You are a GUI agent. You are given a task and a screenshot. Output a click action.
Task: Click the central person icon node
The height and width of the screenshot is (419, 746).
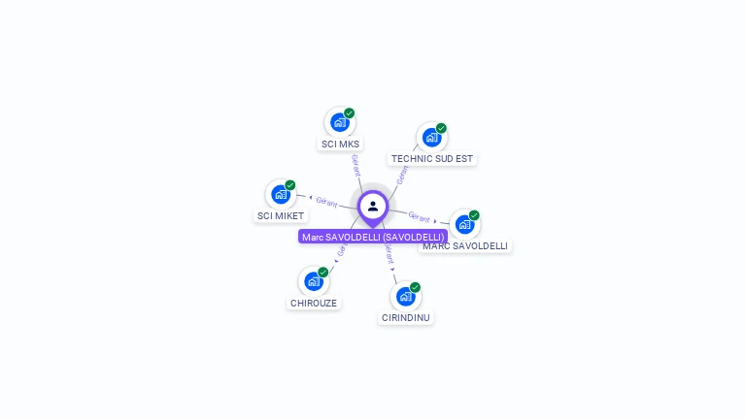coord(373,206)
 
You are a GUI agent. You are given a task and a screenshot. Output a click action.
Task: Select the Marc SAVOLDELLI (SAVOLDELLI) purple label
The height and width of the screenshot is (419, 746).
coord(373,237)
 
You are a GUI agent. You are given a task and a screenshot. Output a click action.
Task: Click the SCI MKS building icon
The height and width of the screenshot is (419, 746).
coord(339,122)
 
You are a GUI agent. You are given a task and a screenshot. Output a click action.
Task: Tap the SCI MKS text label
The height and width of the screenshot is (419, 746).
coord(340,145)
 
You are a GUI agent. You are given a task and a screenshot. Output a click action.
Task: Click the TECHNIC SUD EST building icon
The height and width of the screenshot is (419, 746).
coord(431,137)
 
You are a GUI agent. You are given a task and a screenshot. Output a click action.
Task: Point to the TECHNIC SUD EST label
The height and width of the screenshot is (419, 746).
coord(432,158)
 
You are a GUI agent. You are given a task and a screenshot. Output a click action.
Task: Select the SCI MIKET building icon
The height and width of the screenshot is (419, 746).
coord(281,194)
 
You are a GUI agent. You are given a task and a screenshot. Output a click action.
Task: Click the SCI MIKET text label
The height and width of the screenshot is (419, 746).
coord(281,215)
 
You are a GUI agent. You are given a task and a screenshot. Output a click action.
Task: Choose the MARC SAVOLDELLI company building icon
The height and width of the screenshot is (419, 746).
coord(464,224)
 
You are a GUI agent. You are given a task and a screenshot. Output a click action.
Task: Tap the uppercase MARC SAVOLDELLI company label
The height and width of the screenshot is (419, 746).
coord(465,246)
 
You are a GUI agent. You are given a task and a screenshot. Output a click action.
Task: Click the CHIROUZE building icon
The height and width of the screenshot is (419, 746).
coord(313,281)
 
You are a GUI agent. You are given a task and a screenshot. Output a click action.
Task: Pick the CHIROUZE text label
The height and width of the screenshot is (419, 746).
coord(314,303)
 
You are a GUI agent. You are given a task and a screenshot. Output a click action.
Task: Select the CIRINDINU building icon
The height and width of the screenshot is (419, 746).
coord(405,296)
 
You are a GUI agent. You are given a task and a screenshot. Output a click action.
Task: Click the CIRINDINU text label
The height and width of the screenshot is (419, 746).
coord(406,317)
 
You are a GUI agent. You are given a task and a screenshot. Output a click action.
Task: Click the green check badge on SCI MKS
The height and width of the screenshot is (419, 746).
coord(350,113)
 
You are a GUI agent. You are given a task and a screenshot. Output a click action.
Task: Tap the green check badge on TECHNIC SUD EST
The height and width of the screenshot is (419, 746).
coord(442,127)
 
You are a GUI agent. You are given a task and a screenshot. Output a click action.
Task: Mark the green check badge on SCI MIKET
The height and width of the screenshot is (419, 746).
coord(290,184)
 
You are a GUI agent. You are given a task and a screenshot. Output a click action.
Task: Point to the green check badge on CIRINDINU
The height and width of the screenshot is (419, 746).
coord(416,287)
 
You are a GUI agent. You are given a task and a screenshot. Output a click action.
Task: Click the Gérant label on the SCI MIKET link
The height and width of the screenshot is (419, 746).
coord(326,202)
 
